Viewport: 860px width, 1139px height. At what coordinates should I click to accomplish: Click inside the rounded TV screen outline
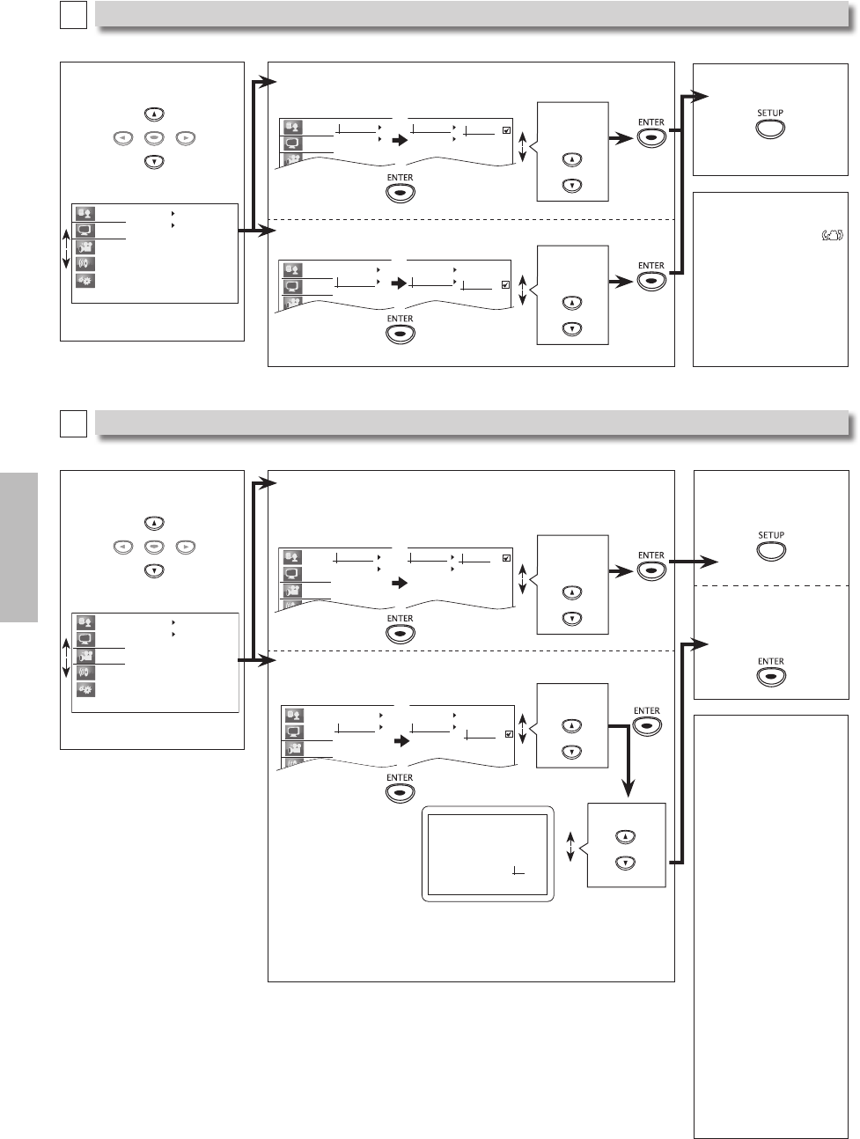click(487, 853)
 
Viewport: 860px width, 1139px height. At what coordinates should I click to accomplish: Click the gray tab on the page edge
click(19, 547)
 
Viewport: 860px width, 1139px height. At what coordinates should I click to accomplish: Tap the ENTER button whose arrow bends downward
click(647, 726)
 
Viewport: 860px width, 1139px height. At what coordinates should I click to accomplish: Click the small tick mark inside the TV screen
click(518, 872)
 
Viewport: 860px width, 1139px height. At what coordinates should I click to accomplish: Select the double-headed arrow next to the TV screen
click(570, 848)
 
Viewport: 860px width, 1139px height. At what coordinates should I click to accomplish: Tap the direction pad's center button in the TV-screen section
click(154, 547)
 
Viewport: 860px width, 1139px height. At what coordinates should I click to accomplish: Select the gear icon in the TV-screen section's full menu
click(85, 689)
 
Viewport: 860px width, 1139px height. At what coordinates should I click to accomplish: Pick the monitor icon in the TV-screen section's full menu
click(85, 639)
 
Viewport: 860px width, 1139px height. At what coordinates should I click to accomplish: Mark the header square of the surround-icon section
click(73, 14)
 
